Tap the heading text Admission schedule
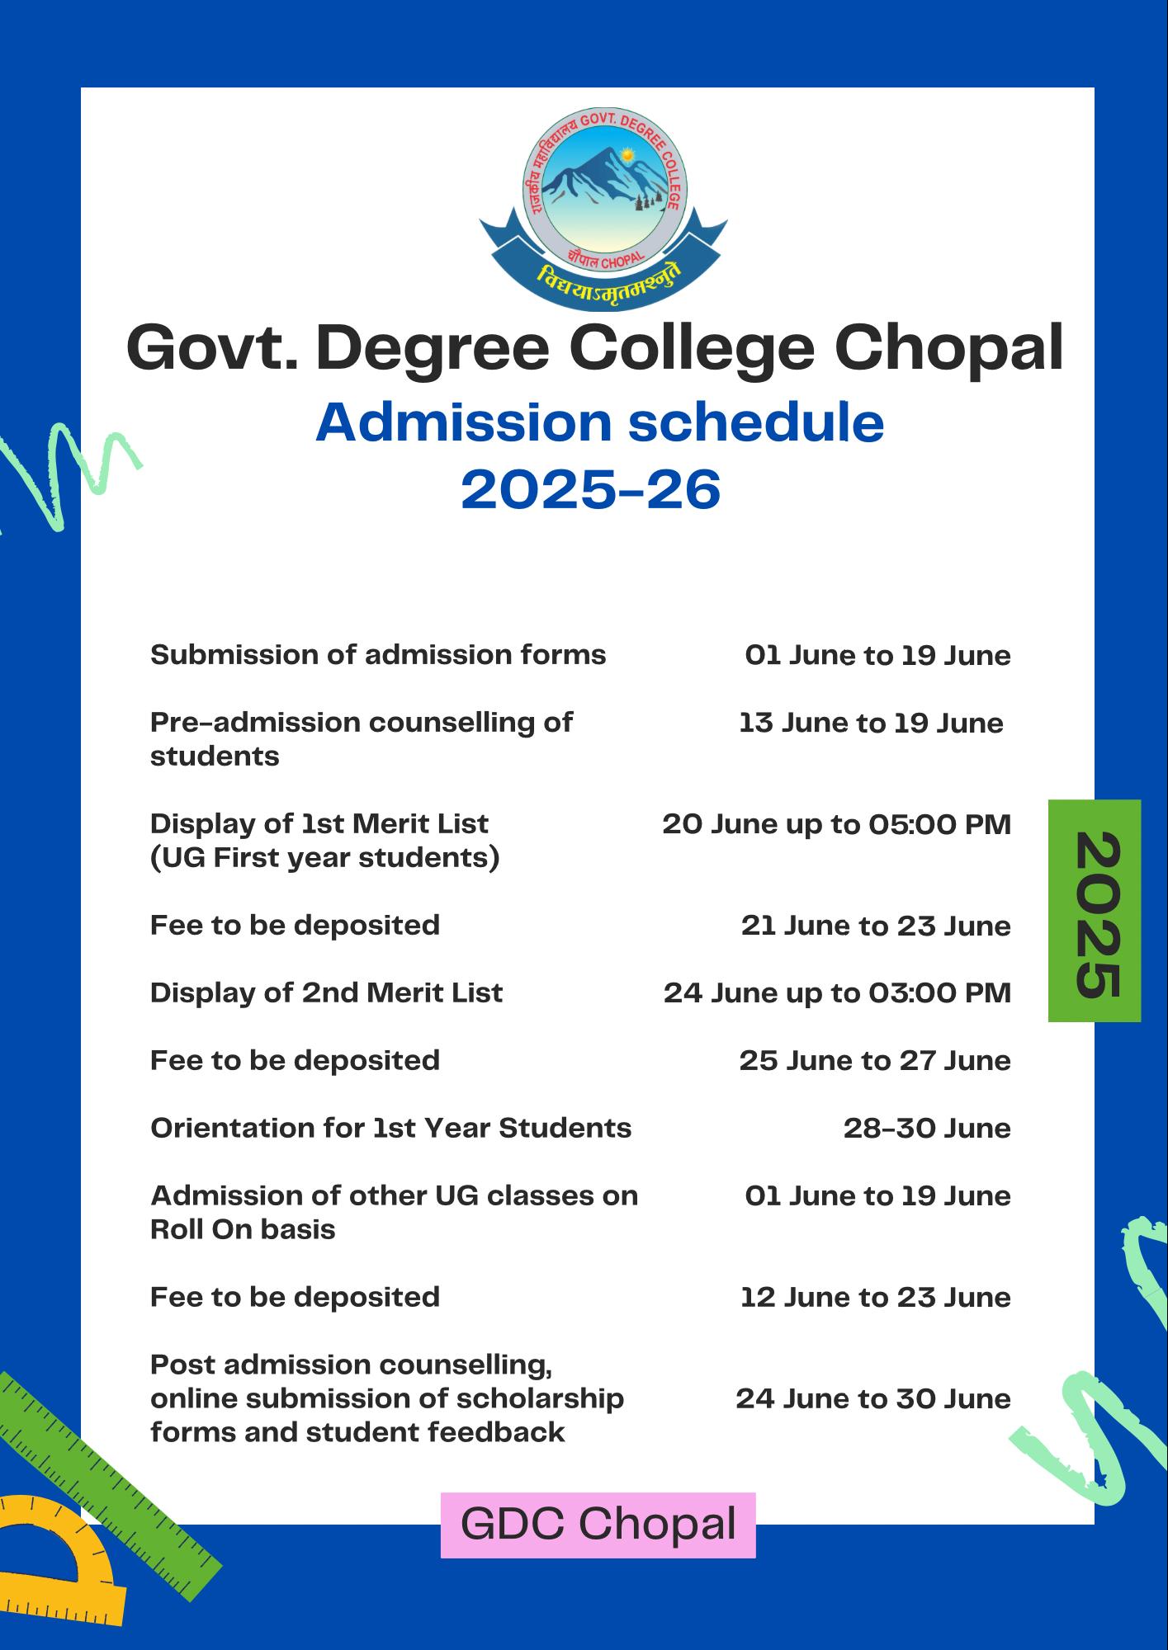pos(599,422)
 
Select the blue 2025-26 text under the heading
pos(591,490)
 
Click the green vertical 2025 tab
pos(1095,911)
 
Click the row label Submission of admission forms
pos(378,655)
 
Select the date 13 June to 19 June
pos(871,724)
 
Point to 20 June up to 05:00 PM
pos(836,824)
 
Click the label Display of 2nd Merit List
pos(326,992)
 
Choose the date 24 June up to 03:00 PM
pos(837,992)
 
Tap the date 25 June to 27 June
pos(875,1060)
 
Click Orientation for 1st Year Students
pos(390,1128)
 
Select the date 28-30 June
pos(926,1128)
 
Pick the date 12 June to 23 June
pos(875,1297)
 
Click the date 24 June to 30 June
pos(873,1398)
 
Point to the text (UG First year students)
pos(324,858)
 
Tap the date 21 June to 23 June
pos(876,926)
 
